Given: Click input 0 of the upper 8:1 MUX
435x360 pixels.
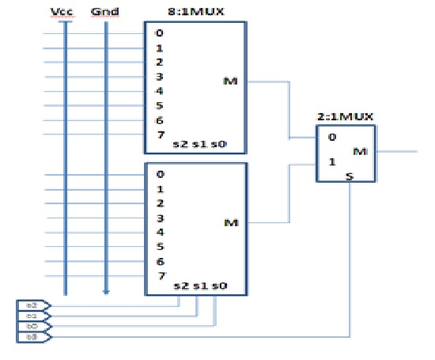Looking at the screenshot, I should pyautogui.click(x=159, y=33).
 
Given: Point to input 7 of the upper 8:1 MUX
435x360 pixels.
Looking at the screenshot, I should pyautogui.click(x=159, y=135).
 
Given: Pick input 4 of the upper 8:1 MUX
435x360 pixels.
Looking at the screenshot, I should pyautogui.click(x=159, y=92).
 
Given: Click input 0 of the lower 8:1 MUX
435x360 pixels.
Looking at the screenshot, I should pyautogui.click(x=159, y=174).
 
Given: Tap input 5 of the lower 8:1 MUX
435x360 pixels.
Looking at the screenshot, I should pyautogui.click(x=159, y=247).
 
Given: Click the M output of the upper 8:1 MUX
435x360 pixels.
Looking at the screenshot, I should pyautogui.click(x=231, y=81).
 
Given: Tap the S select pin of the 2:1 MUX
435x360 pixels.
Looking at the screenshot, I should pyautogui.click(x=349, y=179).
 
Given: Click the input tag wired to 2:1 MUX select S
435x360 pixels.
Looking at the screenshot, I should pyautogui.click(x=32, y=337).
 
